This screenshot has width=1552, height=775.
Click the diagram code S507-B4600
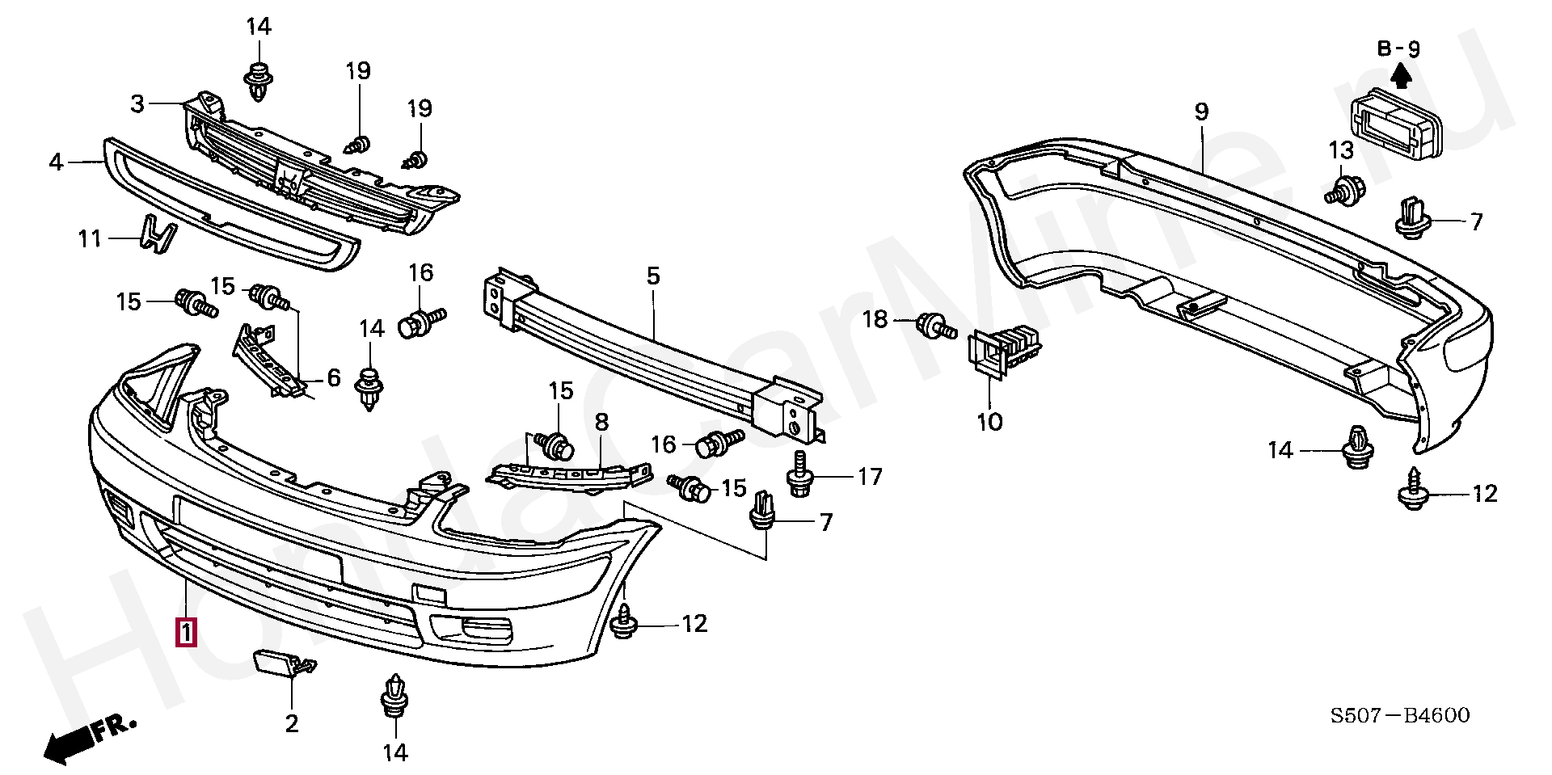click(1400, 715)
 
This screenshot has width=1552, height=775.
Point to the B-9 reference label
click(1399, 48)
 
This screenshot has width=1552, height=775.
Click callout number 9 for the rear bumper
click(1201, 112)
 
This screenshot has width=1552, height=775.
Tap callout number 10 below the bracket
click(989, 421)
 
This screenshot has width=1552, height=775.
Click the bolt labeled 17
click(799, 474)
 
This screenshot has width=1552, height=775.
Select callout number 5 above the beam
click(653, 276)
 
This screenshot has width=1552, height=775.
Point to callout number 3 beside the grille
click(137, 103)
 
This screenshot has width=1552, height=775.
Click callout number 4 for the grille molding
click(56, 162)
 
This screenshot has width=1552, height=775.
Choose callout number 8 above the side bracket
click(601, 422)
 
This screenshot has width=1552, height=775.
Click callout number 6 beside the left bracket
click(334, 377)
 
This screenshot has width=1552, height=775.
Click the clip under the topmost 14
click(258, 80)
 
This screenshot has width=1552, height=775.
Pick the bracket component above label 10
click(1004, 351)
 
